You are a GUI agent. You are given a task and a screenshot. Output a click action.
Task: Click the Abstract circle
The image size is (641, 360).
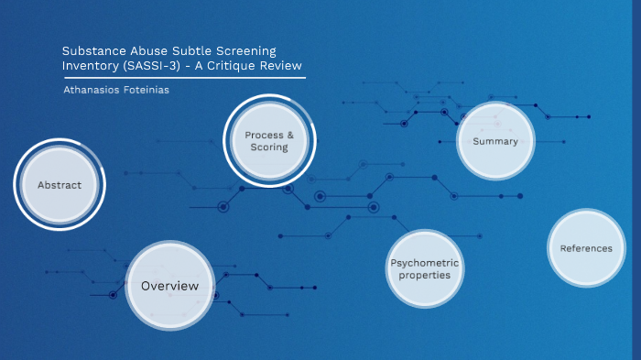[x=60, y=185]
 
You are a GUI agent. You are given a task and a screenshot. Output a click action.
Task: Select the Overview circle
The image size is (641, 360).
[x=169, y=286]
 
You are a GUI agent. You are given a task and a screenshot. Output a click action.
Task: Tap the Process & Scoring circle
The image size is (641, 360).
[x=269, y=141]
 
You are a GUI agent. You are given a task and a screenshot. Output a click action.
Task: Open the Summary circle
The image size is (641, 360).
[x=495, y=141]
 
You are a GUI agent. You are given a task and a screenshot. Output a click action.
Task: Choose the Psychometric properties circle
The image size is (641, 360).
[x=425, y=268]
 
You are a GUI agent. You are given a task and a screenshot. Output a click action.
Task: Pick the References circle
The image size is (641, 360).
[x=586, y=248]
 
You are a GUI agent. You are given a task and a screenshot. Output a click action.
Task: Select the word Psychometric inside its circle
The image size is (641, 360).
[x=425, y=263]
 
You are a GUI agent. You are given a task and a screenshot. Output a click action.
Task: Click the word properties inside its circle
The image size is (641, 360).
[x=425, y=275]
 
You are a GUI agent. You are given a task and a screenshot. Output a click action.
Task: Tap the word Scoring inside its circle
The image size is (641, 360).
[x=269, y=147]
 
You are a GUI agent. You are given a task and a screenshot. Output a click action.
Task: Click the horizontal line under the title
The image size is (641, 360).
[x=183, y=78]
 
